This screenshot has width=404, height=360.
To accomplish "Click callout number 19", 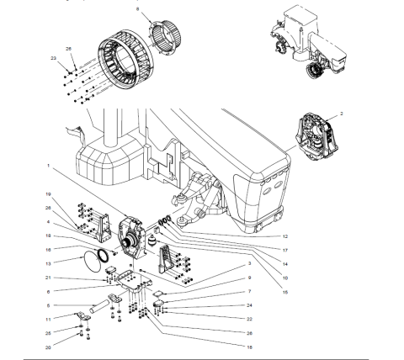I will pos(48,194).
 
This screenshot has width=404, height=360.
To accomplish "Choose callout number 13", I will pos(48,262).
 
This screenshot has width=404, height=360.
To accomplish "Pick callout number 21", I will pos(49,278).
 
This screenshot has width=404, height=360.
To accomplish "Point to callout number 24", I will pos(250,305).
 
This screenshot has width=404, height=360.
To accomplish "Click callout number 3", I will pos(250,264).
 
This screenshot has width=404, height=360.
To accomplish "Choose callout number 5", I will pos(48,304).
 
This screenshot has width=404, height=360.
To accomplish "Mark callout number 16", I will pos(48,249).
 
